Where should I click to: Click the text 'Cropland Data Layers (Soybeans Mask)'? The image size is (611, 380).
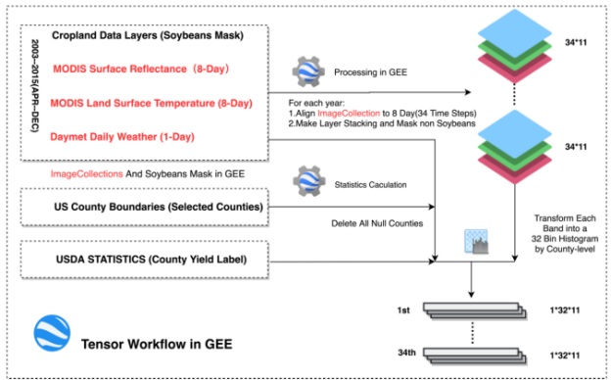[148, 35]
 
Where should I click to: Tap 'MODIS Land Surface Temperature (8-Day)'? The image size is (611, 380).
[151, 103]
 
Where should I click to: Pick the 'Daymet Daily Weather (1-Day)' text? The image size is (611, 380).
[122, 137]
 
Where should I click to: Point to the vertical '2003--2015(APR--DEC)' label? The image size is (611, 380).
[34, 86]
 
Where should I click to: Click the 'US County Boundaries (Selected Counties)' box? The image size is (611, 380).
[145, 207]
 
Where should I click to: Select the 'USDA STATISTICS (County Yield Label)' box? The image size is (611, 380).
[145, 260]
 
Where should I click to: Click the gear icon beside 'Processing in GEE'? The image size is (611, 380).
[308, 71]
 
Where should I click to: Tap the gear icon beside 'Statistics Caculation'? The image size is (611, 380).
[309, 181]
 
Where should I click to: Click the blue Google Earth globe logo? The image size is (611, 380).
[52, 334]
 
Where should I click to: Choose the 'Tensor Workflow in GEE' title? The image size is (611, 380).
[157, 344]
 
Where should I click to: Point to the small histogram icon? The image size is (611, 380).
[476, 241]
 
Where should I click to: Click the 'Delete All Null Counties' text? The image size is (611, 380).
[377, 223]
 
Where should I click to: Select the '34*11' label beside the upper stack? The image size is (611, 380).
[576, 42]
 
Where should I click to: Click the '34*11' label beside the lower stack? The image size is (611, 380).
[576, 147]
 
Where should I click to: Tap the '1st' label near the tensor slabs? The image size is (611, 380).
[403, 310]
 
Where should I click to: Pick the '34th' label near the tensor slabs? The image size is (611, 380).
[406, 353]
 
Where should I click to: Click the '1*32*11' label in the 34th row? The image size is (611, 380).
[565, 356]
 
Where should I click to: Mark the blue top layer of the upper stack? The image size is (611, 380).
[515, 32]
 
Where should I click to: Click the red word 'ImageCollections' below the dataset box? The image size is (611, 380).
[86, 173]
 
